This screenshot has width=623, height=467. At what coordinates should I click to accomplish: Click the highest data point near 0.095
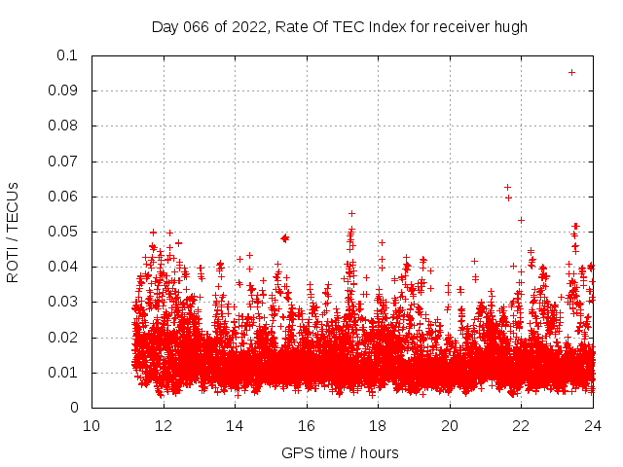point(571,72)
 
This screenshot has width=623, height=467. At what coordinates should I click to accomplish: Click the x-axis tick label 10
point(92,425)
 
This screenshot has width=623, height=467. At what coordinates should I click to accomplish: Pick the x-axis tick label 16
point(307,425)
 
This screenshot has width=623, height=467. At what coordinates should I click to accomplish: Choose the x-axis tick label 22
point(521,425)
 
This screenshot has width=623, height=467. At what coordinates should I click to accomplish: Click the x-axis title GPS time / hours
point(340,452)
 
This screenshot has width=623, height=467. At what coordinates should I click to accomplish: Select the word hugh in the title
point(510,26)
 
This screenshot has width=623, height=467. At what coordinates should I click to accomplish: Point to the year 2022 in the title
point(249,26)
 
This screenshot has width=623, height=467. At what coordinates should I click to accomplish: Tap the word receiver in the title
point(460,26)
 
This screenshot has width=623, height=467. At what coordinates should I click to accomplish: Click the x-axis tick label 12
point(164,425)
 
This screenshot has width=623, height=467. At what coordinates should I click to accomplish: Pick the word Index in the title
point(385,26)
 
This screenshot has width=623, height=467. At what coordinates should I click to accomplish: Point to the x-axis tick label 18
point(378,425)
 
